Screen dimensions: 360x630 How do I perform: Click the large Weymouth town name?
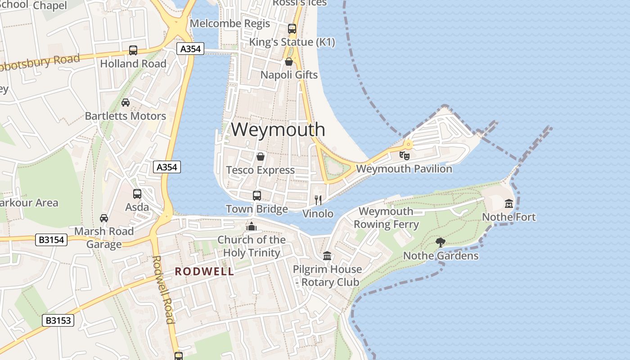point(278,130)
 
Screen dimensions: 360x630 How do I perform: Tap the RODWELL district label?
point(204,271)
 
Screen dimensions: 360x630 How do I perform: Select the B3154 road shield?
point(51,240)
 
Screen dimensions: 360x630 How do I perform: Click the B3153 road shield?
point(58,320)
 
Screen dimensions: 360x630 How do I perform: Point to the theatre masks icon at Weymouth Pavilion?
point(404,156)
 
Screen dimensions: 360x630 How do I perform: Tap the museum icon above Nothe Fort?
point(509,204)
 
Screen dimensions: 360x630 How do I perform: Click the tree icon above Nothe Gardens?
point(441,243)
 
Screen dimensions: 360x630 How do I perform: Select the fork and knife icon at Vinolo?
point(318,200)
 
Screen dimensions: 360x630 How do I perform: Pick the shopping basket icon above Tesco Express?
point(260,157)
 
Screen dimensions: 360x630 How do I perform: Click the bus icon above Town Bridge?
point(256,196)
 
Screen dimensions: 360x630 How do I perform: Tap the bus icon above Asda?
point(137,194)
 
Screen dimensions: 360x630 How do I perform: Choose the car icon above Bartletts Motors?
point(126,103)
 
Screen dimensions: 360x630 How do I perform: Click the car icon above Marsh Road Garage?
point(104,218)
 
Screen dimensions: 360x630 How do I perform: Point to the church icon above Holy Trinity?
point(252,226)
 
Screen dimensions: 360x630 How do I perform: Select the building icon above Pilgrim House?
point(327,256)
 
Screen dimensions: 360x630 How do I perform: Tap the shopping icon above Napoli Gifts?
point(289,62)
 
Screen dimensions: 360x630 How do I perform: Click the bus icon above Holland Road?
point(133,50)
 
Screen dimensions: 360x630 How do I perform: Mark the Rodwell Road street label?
point(163,289)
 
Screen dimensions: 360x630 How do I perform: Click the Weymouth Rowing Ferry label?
point(386,218)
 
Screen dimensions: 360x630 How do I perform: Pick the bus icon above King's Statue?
point(292,29)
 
